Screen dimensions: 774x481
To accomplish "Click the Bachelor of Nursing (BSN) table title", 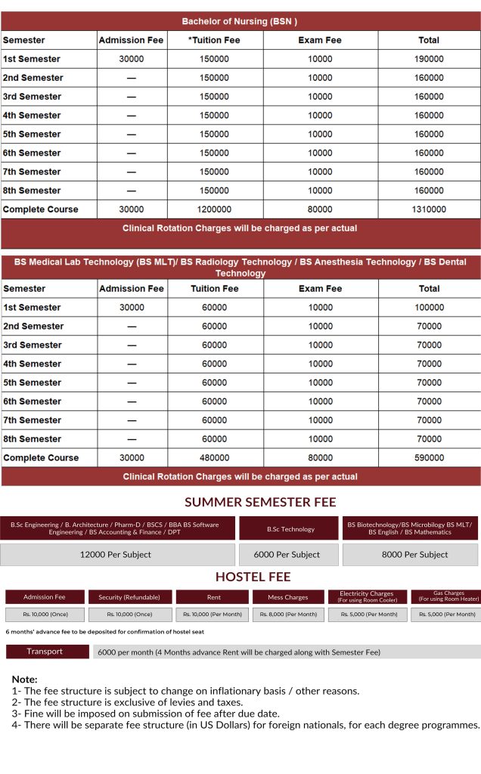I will coord(239,21).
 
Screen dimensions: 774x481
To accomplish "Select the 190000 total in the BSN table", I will coord(429,59).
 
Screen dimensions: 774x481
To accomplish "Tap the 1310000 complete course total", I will coord(429,209).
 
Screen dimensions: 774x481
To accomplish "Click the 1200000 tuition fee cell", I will coord(215,209).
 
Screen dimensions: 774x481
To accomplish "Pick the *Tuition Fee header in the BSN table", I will coord(215,40).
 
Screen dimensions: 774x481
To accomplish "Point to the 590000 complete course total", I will coord(429,458).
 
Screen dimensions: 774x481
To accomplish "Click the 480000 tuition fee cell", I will coord(215,458).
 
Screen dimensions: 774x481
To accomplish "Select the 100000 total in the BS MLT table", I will coord(429,308).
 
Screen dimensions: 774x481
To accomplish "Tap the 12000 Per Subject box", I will coord(116,555).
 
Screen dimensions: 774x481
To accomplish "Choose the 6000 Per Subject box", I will coord(290,555).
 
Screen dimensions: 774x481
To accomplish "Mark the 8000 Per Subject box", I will coord(410,555).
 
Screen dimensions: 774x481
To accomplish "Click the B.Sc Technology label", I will coord(290,529).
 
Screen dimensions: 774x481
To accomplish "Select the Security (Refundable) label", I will coord(130,597).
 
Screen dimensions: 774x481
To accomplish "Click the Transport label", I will coord(45,652).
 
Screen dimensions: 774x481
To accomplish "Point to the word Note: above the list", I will coord(24,680).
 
